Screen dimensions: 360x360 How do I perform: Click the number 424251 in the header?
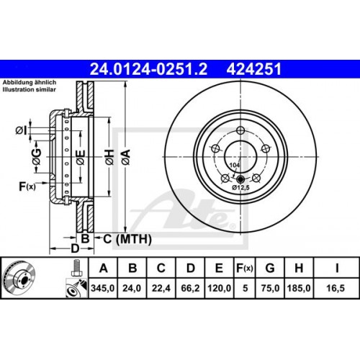[253, 69]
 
